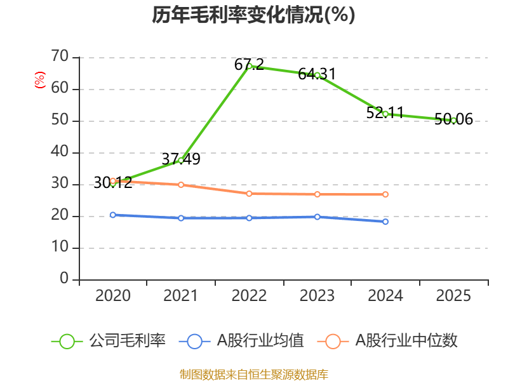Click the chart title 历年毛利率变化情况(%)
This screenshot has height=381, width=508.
point(253,15)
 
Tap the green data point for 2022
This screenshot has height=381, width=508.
point(249,67)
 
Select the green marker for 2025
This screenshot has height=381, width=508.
point(453,121)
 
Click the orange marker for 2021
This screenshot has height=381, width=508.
point(181,185)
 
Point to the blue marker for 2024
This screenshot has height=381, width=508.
point(385,222)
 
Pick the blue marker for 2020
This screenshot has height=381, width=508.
point(113,215)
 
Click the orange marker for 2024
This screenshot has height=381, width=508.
point(385,194)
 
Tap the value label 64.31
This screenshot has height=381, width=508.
point(317,74)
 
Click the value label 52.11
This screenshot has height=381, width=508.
point(385,113)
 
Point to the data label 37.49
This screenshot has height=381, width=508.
point(181,159)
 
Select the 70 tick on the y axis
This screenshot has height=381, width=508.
point(60,56)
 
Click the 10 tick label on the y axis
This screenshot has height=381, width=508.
point(60,247)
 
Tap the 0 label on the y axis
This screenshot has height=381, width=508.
point(64,278)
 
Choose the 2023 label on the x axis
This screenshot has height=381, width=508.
point(317,296)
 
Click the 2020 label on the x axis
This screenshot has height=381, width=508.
point(113,296)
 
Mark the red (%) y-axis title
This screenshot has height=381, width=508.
point(40,80)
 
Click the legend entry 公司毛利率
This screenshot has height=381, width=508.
point(109,341)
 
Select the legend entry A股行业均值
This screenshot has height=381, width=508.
point(241,341)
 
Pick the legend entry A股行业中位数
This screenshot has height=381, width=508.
point(387,341)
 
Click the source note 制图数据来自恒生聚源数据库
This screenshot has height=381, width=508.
point(254,375)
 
